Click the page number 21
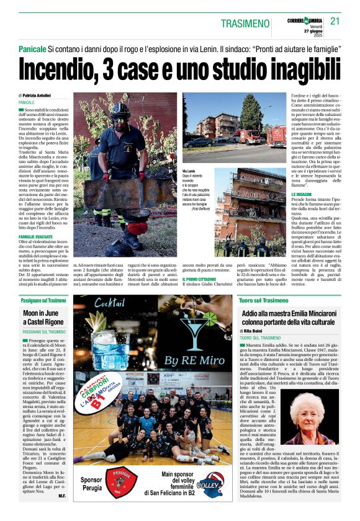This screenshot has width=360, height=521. click(335, 21)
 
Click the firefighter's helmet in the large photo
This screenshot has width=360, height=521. click(120, 112)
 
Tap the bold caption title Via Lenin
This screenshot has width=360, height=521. click(189, 171)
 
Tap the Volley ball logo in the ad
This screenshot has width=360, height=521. click(210, 488)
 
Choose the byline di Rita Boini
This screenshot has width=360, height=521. click(256, 332)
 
